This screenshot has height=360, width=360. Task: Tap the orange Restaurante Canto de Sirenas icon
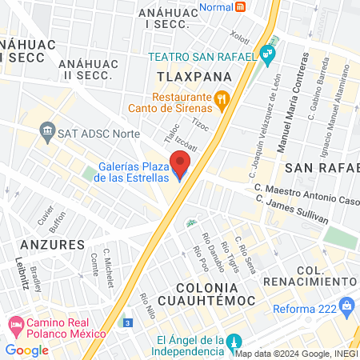point(223,100)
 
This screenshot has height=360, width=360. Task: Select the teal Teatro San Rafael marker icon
point(267,56)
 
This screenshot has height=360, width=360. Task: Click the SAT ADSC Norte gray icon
point(47,131)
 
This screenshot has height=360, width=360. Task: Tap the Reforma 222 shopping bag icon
point(346,305)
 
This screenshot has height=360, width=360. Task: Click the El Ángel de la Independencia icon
point(233,341)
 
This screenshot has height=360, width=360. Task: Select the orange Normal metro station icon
point(241,6)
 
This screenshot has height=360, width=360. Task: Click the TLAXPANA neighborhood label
point(192,76)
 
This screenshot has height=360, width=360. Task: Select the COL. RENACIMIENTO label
point(324,278)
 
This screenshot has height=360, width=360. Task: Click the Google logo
point(26,350)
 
